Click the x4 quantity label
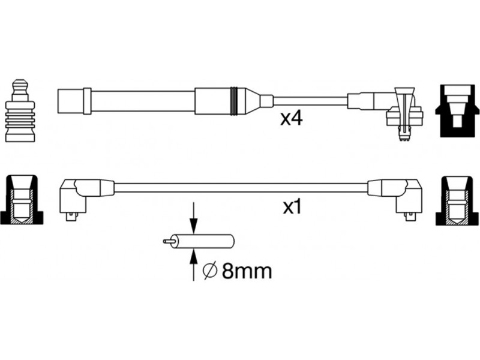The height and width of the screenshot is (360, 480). click(292, 118)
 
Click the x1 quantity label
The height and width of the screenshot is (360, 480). click(292, 207)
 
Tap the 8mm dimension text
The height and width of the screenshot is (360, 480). click(247, 271)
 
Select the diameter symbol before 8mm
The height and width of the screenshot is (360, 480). click(211, 271)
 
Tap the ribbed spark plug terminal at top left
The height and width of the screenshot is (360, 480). click(20, 111)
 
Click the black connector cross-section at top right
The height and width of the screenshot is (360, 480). click(457, 111)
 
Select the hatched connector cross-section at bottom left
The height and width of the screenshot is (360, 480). click(22, 200)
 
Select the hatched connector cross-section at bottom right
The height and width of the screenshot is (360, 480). click(457, 200)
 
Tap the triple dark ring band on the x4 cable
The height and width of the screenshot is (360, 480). click(234, 101)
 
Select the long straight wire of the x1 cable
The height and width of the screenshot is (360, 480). click(241, 188)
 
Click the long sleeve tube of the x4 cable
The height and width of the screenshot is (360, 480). click(143, 101)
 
